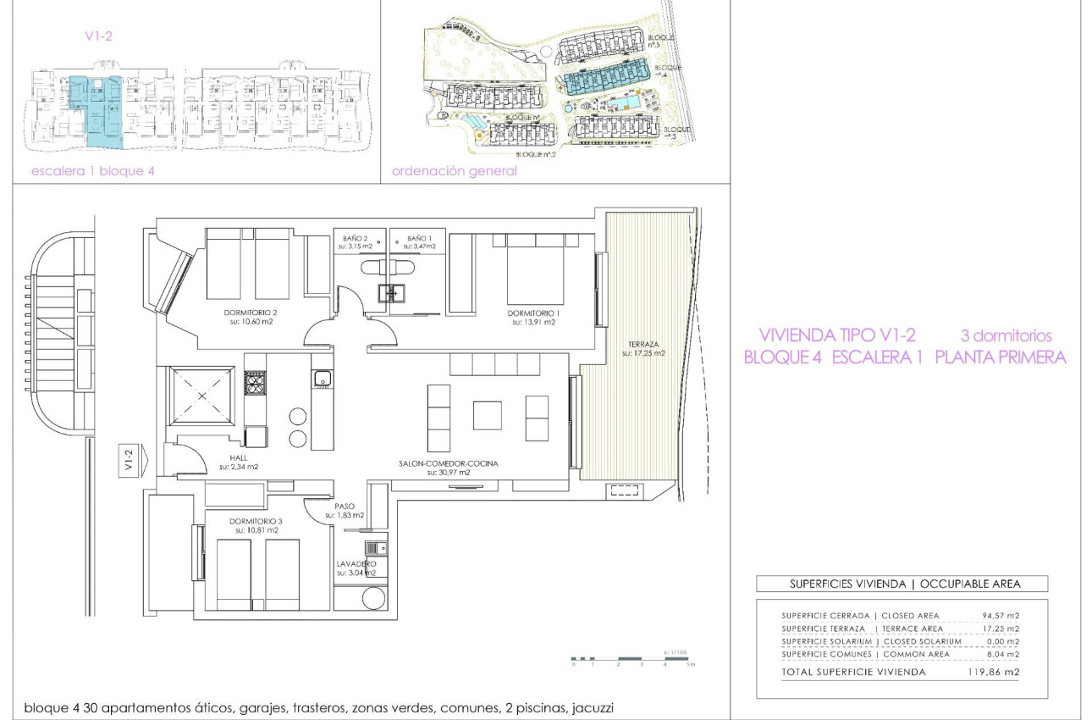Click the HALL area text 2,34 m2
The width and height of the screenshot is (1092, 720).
(x=238, y=467)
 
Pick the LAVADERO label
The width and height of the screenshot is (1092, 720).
(x=356, y=563)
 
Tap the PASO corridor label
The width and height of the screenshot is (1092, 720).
(x=344, y=506)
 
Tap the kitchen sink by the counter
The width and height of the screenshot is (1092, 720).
(x=321, y=379)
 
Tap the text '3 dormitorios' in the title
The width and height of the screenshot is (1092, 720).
(x=1006, y=335)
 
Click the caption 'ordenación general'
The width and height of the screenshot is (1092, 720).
(x=454, y=171)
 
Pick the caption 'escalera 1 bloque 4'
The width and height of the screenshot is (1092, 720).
(x=93, y=171)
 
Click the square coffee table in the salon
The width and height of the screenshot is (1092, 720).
(x=487, y=415)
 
